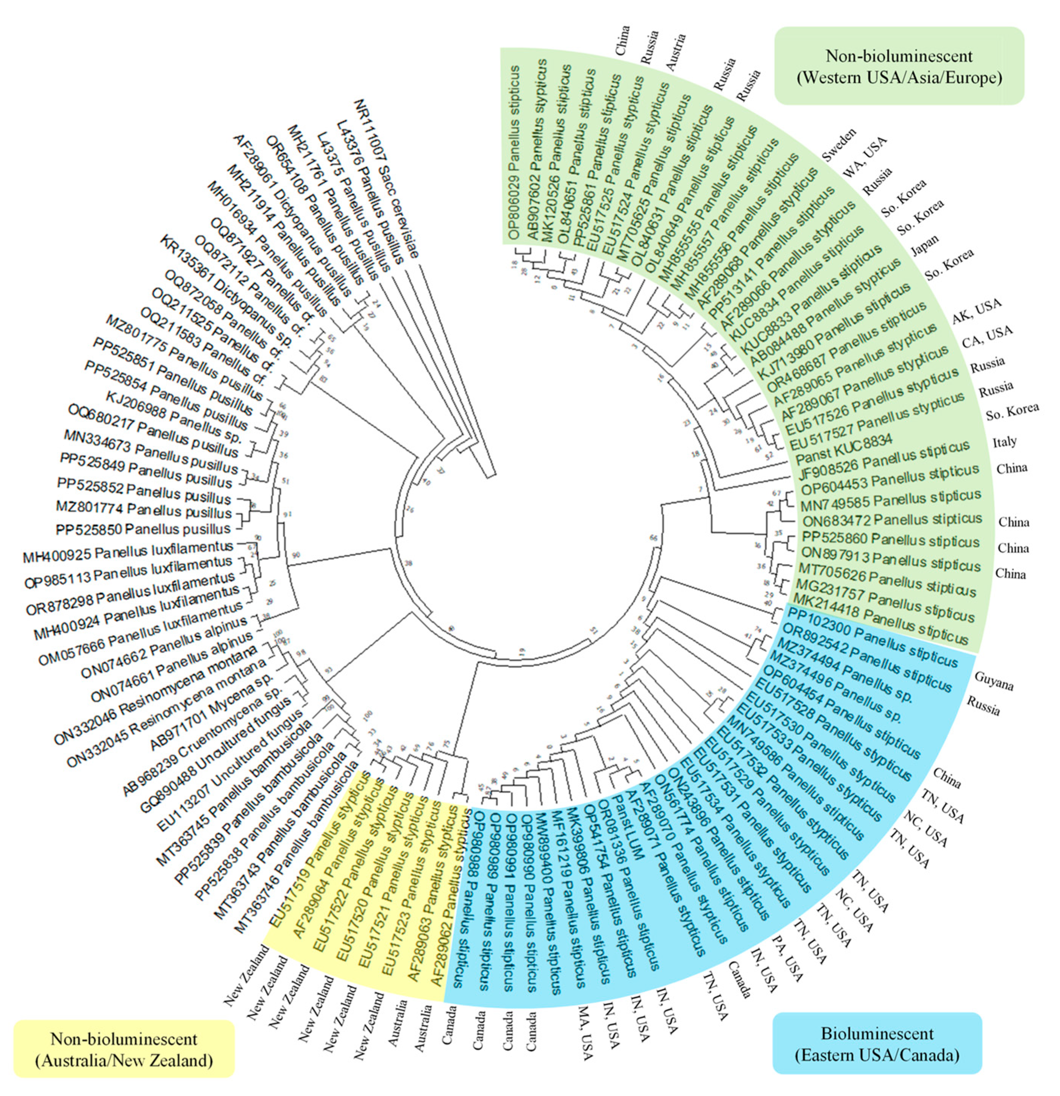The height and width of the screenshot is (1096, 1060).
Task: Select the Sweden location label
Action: point(839,144)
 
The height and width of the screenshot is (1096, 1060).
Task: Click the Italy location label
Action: point(1004,442)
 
